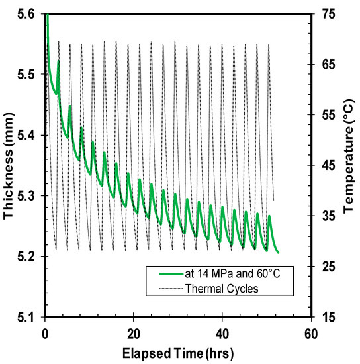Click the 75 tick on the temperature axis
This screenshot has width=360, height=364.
(x=323, y=14)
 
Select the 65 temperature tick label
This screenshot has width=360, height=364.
(x=323, y=64)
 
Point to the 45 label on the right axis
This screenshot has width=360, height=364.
(x=323, y=165)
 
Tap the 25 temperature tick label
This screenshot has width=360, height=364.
(x=323, y=267)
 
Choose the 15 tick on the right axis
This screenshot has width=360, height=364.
(x=323, y=317)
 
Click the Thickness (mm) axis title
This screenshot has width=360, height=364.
(x=9, y=165)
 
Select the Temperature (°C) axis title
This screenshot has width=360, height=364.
(x=349, y=165)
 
